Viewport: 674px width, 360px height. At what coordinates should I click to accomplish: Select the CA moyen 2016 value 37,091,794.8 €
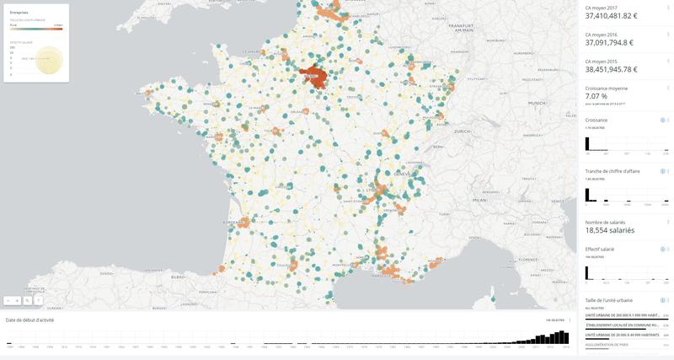click(609, 42)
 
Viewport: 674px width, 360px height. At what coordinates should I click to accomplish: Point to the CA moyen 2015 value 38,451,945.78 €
click(611, 70)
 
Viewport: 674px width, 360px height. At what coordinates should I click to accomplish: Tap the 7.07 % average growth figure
click(596, 96)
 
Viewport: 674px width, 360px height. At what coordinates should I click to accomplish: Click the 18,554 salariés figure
click(610, 229)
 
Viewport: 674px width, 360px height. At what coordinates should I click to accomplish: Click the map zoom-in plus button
click(17, 300)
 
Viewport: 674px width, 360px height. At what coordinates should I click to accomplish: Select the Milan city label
click(480, 201)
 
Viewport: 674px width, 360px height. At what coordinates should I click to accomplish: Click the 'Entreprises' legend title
click(19, 13)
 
